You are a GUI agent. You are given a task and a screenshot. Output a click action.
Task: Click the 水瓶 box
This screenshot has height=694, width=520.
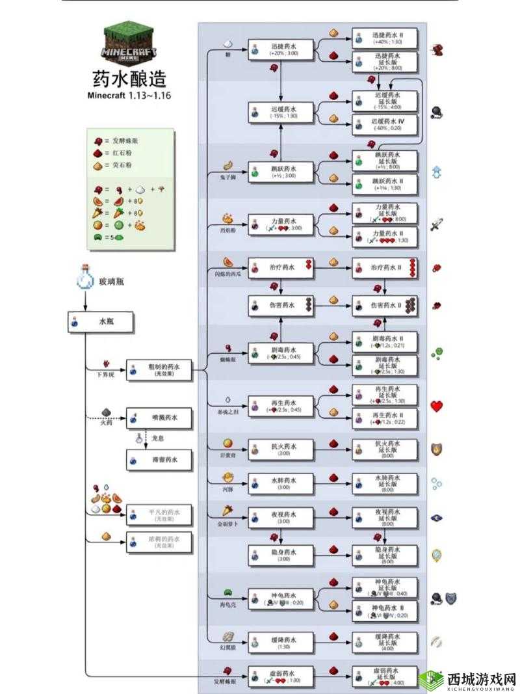101,322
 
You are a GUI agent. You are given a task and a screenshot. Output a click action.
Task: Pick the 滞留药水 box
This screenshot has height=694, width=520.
160,460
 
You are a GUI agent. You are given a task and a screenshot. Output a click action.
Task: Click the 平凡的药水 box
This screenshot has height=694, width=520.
160,515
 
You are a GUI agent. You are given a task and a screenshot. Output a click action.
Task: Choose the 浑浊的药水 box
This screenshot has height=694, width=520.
160,542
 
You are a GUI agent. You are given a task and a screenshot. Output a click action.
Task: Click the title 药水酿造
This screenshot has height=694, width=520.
129,79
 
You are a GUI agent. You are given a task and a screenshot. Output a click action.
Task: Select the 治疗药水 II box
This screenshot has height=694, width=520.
385,267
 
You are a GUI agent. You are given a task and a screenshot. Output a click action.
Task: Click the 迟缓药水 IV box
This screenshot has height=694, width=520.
385,124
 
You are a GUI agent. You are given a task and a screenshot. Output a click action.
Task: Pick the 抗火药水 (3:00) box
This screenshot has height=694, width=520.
281,449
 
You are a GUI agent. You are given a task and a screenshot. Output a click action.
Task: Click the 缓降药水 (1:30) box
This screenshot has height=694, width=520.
281,641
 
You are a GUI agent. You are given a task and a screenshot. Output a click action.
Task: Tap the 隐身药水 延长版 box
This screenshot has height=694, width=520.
385,554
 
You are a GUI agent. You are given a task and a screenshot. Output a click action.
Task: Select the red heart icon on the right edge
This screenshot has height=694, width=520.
436,407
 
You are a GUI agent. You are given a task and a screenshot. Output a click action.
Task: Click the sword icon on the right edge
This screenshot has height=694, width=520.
436,225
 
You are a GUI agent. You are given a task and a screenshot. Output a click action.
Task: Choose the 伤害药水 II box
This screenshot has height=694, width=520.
385,305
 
